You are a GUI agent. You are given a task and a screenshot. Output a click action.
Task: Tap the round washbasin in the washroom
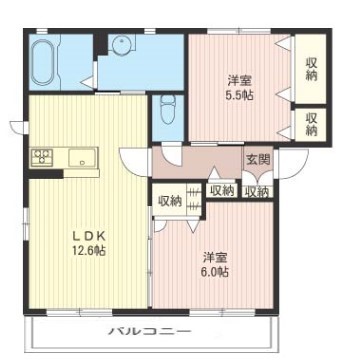tap(122, 45)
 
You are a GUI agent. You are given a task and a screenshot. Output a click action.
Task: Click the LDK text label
tap(88, 236)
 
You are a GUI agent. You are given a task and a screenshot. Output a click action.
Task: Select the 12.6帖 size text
tap(88, 250)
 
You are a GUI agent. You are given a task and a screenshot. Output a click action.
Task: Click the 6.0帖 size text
tap(213, 272)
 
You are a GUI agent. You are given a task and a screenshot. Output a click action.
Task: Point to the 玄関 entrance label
tap(257, 160)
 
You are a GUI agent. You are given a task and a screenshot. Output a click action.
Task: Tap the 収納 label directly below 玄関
tap(256, 191)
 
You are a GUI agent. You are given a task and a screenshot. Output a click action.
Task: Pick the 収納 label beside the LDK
tap(169, 200)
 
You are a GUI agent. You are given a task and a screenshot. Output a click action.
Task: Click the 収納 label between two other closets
tap(221, 190)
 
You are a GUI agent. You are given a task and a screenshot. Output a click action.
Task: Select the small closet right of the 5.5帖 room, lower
tap(311, 123)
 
